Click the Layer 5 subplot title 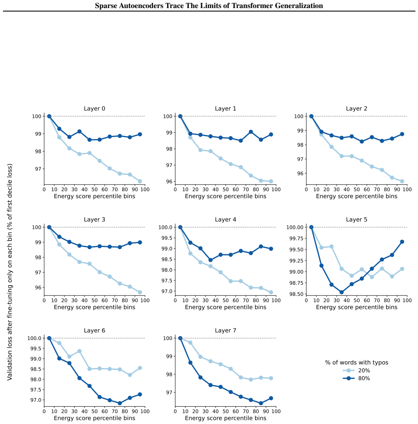pyautogui.click(x=356, y=219)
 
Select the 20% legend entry pyautogui.click(x=356, y=371)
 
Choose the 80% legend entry pyautogui.click(x=356, y=378)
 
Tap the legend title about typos pyautogui.click(x=356, y=362)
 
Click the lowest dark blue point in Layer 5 pyautogui.click(x=342, y=292)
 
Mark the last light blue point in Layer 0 pyautogui.click(x=140, y=181)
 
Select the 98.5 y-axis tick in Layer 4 pyautogui.click(x=167, y=259)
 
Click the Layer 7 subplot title pyautogui.click(x=225, y=331)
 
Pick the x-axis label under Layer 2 pyautogui.click(x=356, y=197)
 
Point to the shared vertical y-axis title pyautogui.click(x=10, y=272)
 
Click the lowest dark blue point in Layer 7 pyautogui.click(x=261, y=403)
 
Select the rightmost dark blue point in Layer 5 pyautogui.click(x=402, y=242)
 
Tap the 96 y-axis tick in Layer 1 pyautogui.click(x=169, y=182)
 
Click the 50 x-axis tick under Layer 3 pyautogui.click(x=95, y=300)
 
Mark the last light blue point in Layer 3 pyautogui.click(x=140, y=292)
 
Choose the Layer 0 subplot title pyautogui.click(x=94, y=109)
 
